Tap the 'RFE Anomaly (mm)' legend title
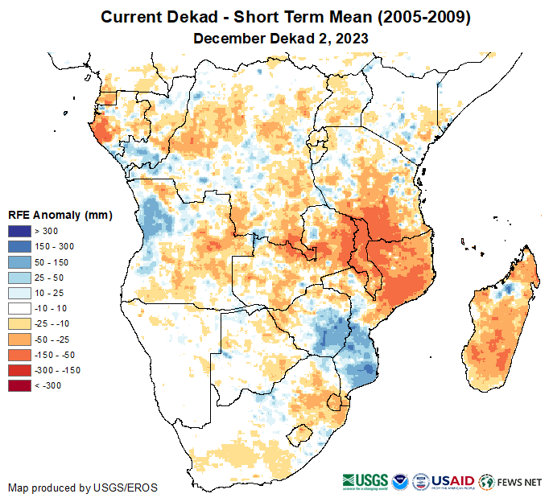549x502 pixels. point(60,216)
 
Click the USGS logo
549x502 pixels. point(364,482)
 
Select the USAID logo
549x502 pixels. point(453,482)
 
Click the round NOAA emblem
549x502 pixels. point(400,482)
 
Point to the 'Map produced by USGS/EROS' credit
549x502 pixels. point(83,488)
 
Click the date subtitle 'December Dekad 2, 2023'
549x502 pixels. point(274,39)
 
